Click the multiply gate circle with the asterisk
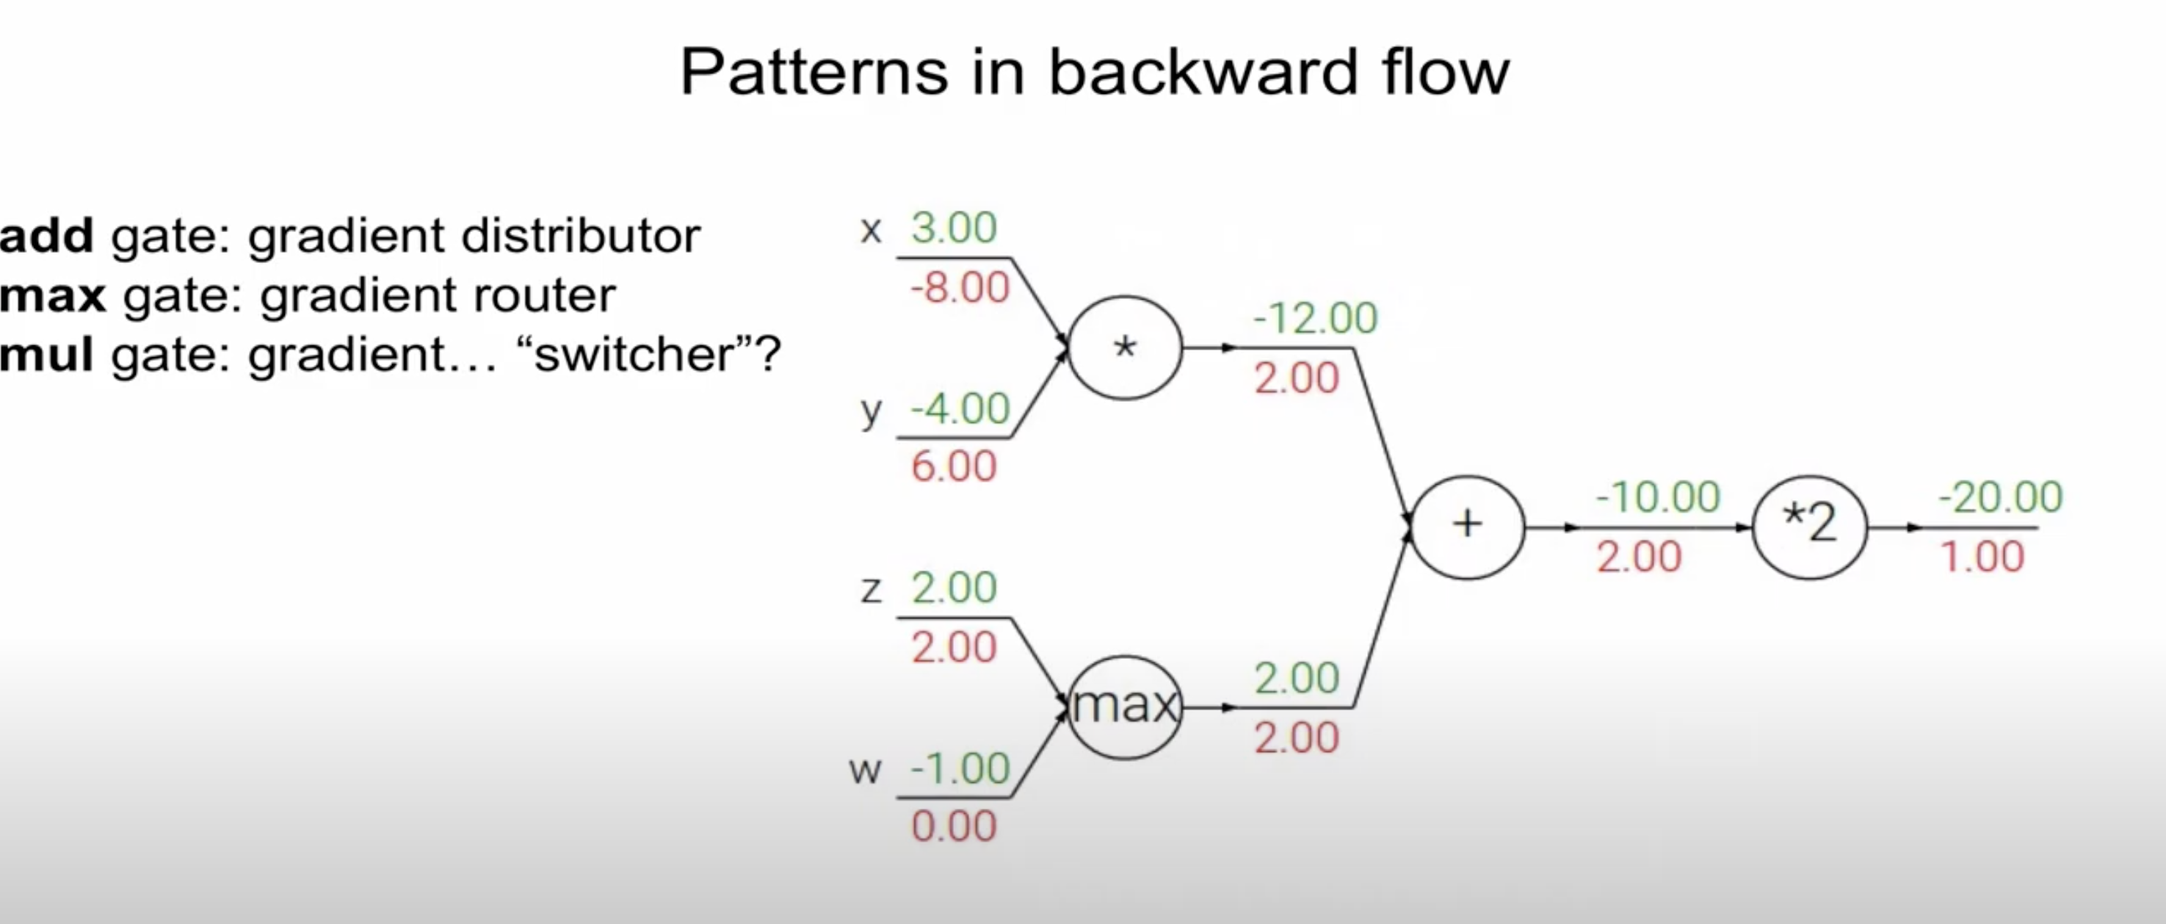tap(1125, 347)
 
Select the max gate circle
tap(1125, 707)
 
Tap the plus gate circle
tap(1467, 527)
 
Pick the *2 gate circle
tap(1809, 527)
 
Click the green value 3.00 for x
tap(955, 228)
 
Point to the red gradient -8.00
tap(960, 289)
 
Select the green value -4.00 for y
tap(960, 409)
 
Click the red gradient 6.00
tap(955, 466)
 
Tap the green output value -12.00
tap(1315, 319)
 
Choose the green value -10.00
tap(1658, 497)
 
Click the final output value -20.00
tap(2000, 497)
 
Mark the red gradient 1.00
tap(1982, 557)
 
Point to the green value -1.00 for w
tap(960, 768)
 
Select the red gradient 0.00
tap(955, 826)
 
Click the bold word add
tap(46, 236)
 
